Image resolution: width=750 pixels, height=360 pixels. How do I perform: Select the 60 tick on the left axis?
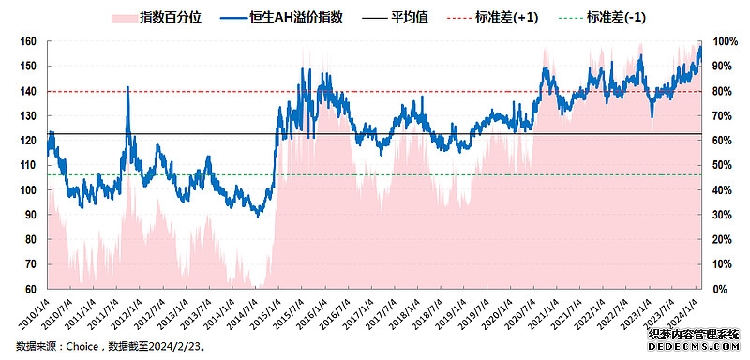pos(31,289)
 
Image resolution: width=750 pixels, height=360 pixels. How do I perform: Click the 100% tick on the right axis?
pos(726,41)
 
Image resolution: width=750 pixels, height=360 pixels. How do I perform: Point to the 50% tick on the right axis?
pos(724,165)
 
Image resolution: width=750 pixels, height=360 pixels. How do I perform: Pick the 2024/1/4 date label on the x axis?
pos(688,311)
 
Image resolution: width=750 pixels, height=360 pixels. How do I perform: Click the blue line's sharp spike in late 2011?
pos(127,89)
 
